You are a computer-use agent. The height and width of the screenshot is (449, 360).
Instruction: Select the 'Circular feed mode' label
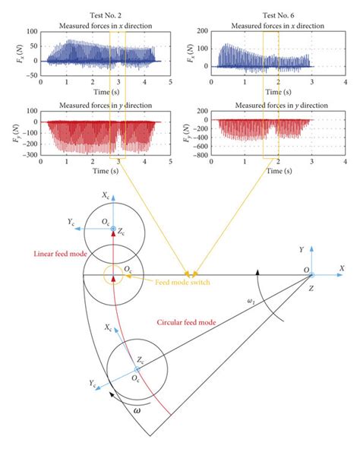[185, 323]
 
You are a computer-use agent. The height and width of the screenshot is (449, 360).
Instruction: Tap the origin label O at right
[306, 269]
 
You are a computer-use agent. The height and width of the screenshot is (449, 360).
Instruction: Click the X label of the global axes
[343, 268]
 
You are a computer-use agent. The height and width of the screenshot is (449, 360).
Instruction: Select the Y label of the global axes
[303, 248]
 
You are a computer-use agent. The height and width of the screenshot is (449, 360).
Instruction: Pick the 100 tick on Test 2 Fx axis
[30, 32]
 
